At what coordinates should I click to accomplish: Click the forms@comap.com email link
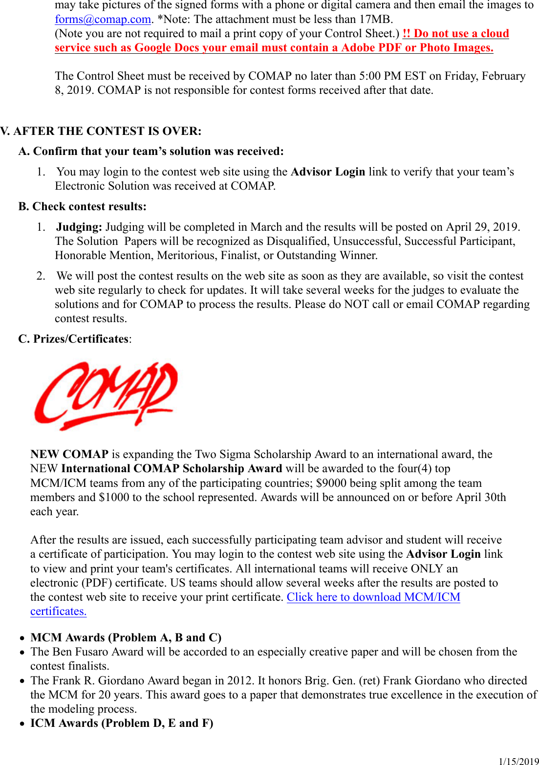point(103,20)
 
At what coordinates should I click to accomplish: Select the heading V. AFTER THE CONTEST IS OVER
point(101,131)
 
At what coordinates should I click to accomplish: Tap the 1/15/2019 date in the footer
point(518,761)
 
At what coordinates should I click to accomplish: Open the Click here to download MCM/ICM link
point(373,597)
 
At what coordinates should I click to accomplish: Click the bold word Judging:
point(79,227)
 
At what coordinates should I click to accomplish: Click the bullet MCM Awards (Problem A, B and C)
point(126,637)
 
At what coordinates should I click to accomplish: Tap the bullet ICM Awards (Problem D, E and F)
point(122,723)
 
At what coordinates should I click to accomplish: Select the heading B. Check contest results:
point(82,206)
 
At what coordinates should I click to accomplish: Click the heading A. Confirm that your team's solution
point(151,151)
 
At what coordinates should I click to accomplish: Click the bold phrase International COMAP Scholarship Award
point(172,468)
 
